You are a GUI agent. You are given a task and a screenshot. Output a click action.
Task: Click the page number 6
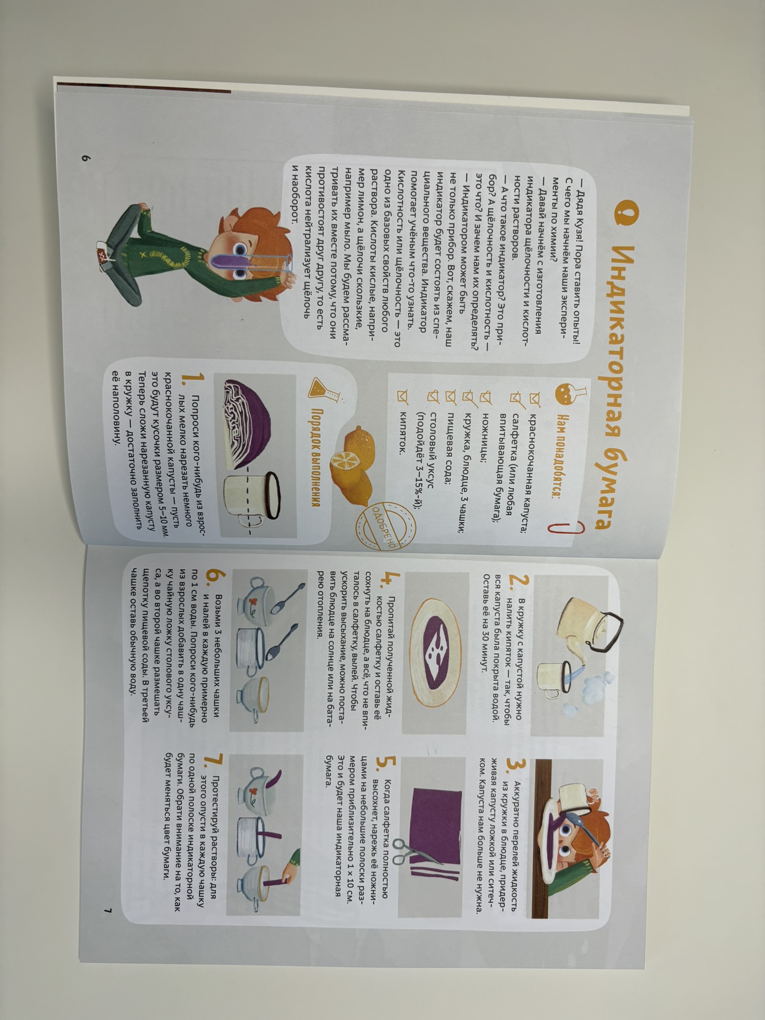85,159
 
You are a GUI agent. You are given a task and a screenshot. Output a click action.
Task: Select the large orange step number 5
389,767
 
